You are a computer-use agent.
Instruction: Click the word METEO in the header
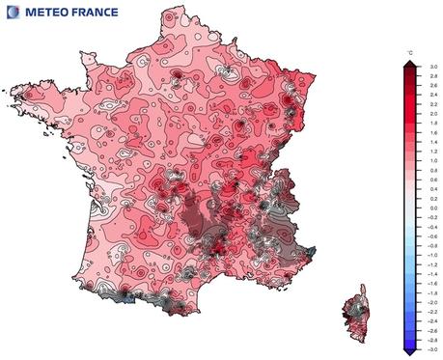[47, 13]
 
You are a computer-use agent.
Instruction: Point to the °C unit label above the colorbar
[410, 51]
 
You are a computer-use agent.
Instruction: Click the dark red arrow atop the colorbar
[410, 62]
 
